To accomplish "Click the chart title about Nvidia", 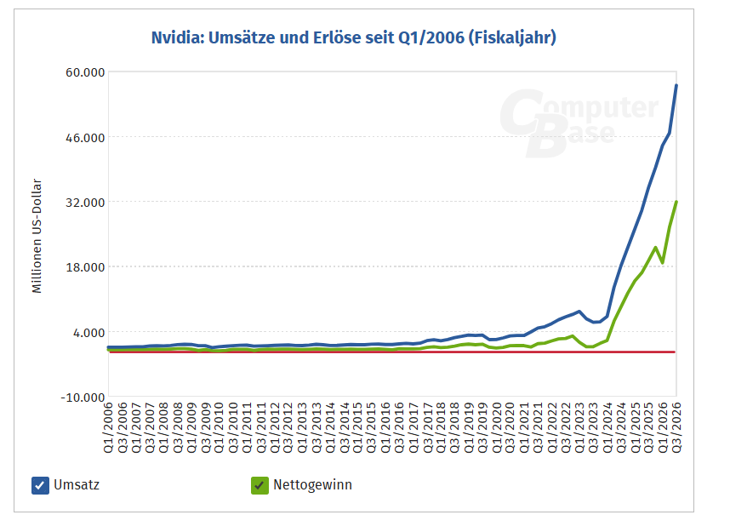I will (353, 38).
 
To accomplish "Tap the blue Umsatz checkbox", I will (40, 485).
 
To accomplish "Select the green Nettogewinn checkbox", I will (259, 485).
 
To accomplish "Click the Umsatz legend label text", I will (76, 485).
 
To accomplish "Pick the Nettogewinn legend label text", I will (312, 485).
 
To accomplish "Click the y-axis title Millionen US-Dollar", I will (37, 236).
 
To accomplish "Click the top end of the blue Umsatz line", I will (676, 85).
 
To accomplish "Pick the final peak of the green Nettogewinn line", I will (676, 202).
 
